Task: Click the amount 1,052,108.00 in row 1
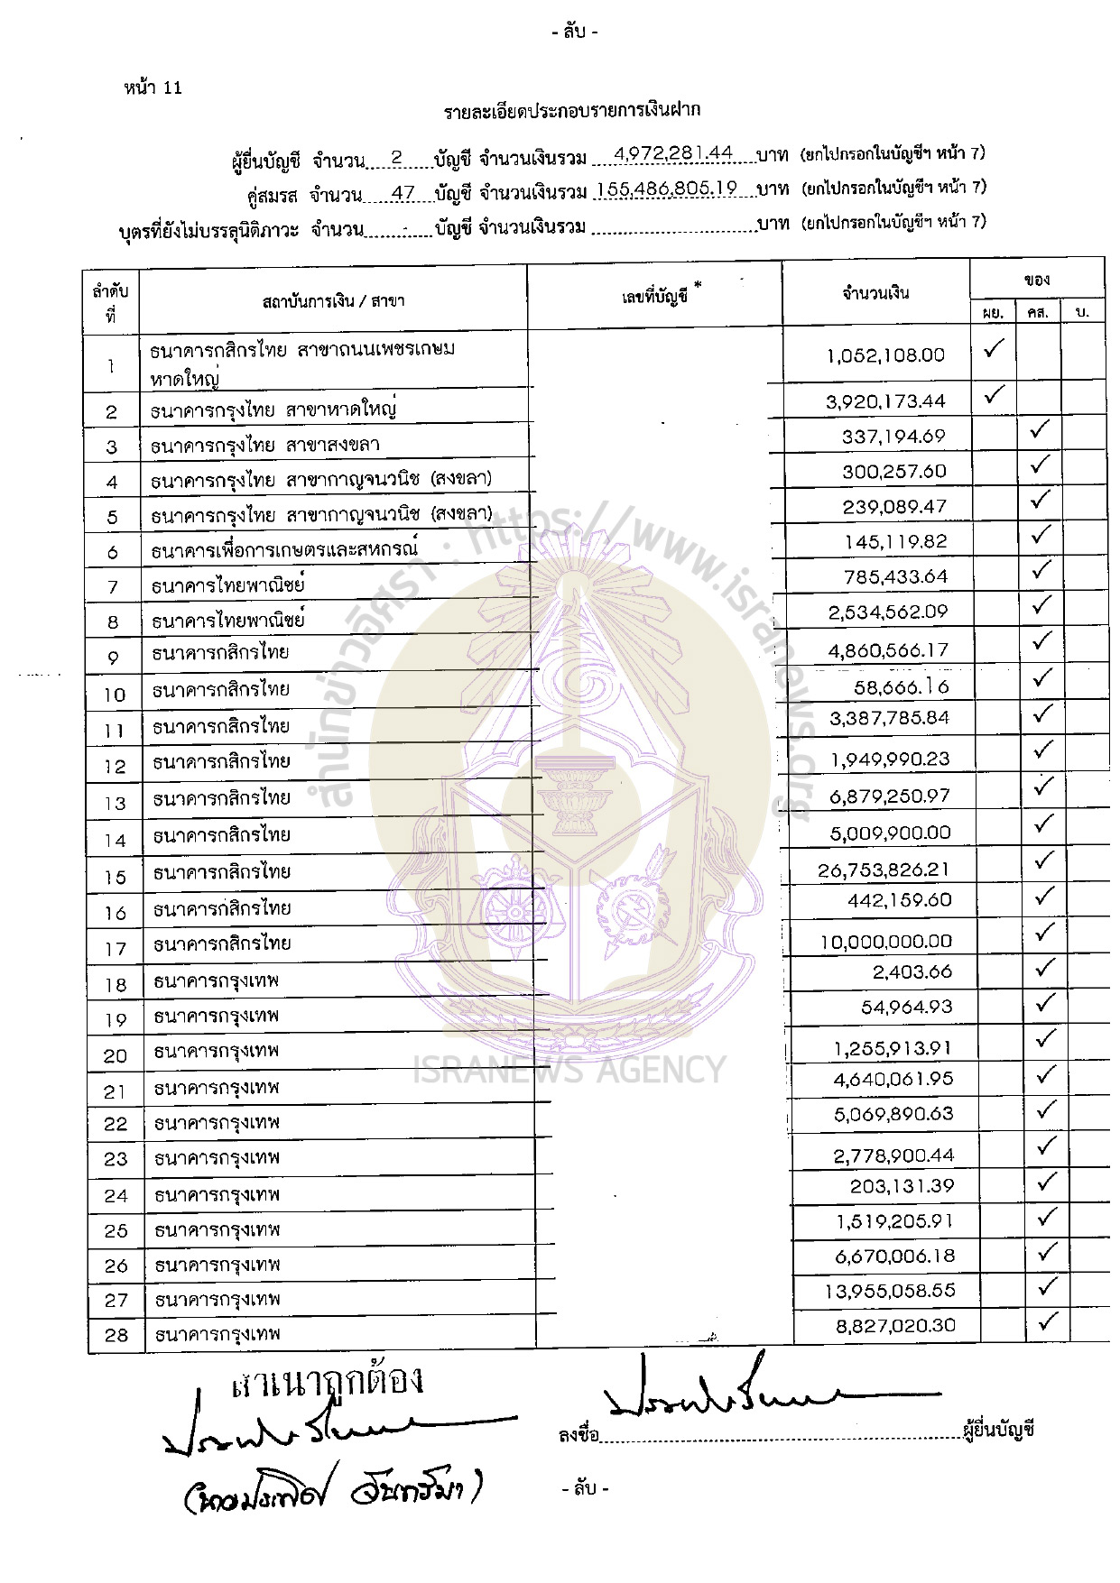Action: point(884,355)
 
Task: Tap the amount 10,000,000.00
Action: point(885,942)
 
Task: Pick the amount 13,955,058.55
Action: point(889,1291)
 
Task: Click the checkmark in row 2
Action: point(994,394)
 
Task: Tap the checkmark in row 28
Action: point(1048,1322)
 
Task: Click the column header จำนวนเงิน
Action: point(875,292)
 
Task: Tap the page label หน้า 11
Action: point(153,87)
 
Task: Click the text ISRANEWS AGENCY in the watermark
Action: point(569,1070)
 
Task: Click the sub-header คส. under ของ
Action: point(1038,313)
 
